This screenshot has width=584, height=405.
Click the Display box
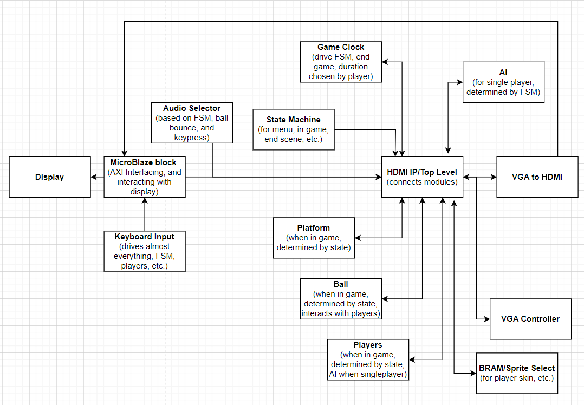pos(50,177)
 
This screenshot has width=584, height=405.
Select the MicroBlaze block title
pos(144,162)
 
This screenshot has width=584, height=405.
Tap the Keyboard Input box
pos(145,251)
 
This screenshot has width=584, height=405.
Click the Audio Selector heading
pos(192,108)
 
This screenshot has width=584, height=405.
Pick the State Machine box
pos(293,129)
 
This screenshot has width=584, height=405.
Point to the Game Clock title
pos(341,47)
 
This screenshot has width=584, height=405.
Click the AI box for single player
pos(503,82)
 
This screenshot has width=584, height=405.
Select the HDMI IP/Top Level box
pos(422,177)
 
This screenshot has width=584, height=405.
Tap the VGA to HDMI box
pos(537,177)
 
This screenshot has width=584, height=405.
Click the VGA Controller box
pos(530,319)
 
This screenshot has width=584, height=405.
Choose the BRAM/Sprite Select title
pos(517,368)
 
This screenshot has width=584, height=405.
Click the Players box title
pos(368,345)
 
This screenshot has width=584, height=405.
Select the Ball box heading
pos(341,284)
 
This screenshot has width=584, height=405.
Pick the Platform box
pos(314,238)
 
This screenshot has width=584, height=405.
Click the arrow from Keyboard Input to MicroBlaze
pos(145,214)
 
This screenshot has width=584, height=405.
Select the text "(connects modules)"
pos(422,182)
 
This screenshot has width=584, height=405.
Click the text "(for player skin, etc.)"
pos(517,378)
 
